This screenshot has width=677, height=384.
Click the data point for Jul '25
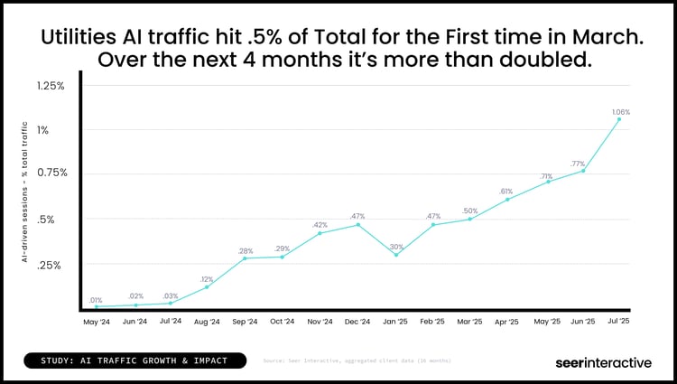(x=619, y=118)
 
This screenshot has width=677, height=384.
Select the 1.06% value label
(x=619, y=111)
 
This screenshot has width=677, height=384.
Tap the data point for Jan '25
(x=395, y=255)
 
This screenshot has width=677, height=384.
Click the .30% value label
(x=395, y=247)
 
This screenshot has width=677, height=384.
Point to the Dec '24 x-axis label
(x=358, y=322)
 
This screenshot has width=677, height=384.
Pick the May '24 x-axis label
(x=96, y=322)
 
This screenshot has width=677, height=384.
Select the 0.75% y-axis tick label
(x=51, y=173)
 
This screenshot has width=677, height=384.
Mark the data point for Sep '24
(x=245, y=258)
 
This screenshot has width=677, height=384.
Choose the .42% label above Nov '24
(x=320, y=225)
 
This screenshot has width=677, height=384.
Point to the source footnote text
(x=357, y=361)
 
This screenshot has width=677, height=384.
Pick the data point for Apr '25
(x=507, y=199)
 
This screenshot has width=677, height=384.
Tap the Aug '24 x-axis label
(x=208, y=322)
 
